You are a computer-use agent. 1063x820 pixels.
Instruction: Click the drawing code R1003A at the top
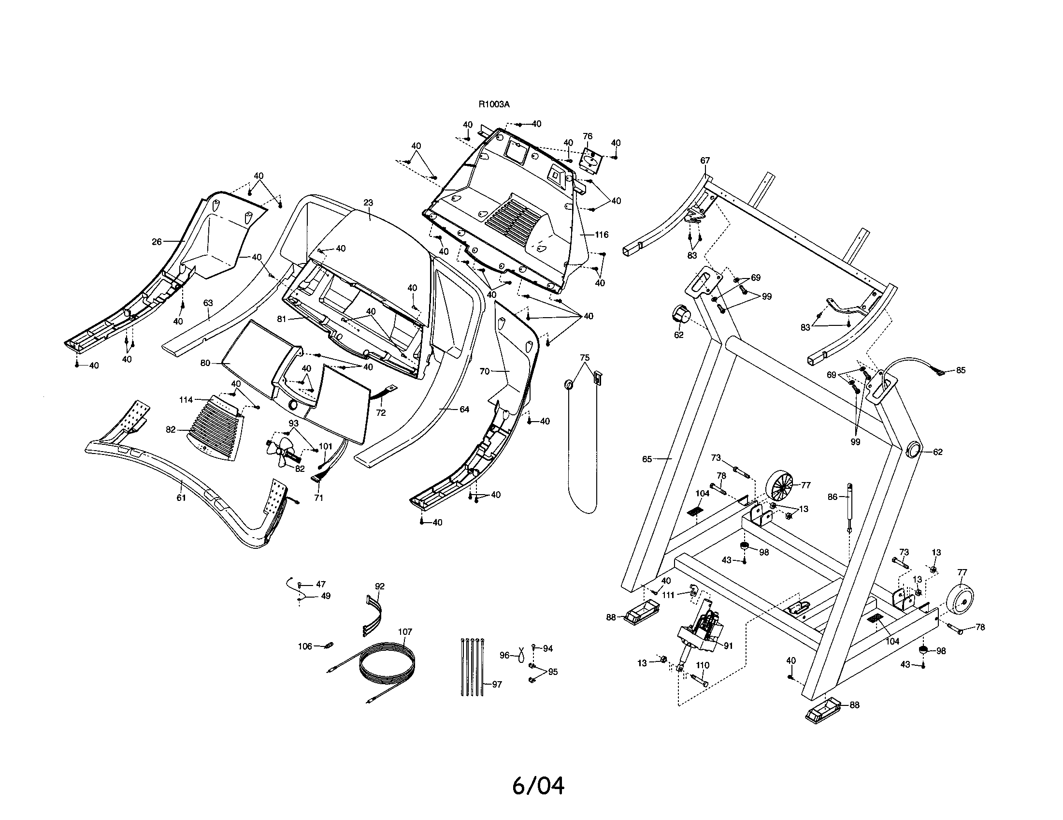coord(494,104)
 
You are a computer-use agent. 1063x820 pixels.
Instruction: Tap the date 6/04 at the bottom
coord(538,785)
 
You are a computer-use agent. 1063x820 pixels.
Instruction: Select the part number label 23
coord(368,202)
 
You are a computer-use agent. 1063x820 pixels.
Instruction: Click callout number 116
coord(602,234)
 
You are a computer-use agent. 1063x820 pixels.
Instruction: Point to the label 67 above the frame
coord(705,160)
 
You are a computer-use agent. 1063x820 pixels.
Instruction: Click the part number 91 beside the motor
coord(728,646)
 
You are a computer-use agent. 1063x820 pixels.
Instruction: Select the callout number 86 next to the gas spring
coord(833,497)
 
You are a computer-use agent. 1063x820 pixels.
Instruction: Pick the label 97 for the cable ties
coord(496,684)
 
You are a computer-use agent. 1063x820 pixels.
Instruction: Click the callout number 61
coord(181,498)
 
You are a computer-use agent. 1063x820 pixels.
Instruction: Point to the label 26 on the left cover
coord(157,242)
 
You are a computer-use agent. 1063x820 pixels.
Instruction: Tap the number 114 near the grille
coord(186,400)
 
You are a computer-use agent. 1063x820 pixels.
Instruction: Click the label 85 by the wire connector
coord(960,370)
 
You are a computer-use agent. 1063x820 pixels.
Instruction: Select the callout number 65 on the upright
coord(647,459)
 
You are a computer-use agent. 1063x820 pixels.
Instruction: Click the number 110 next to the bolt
coord(703,665)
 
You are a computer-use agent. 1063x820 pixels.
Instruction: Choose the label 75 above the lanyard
coord(585,357)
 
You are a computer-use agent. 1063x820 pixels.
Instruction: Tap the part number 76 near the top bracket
coord(588,136)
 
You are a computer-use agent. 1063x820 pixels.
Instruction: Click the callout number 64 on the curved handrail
coord(464,410)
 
